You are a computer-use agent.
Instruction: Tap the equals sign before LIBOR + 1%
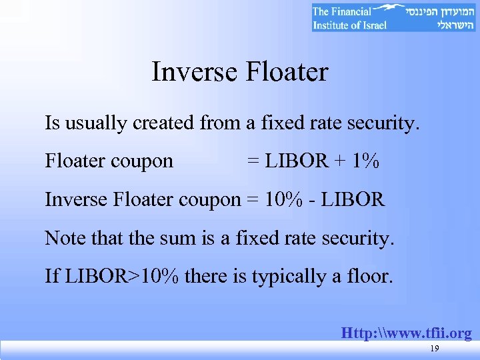[x=253, y=162]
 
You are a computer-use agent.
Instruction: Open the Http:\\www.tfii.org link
[x=406, y=333]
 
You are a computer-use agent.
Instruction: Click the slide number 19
[x=435, y=349]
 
